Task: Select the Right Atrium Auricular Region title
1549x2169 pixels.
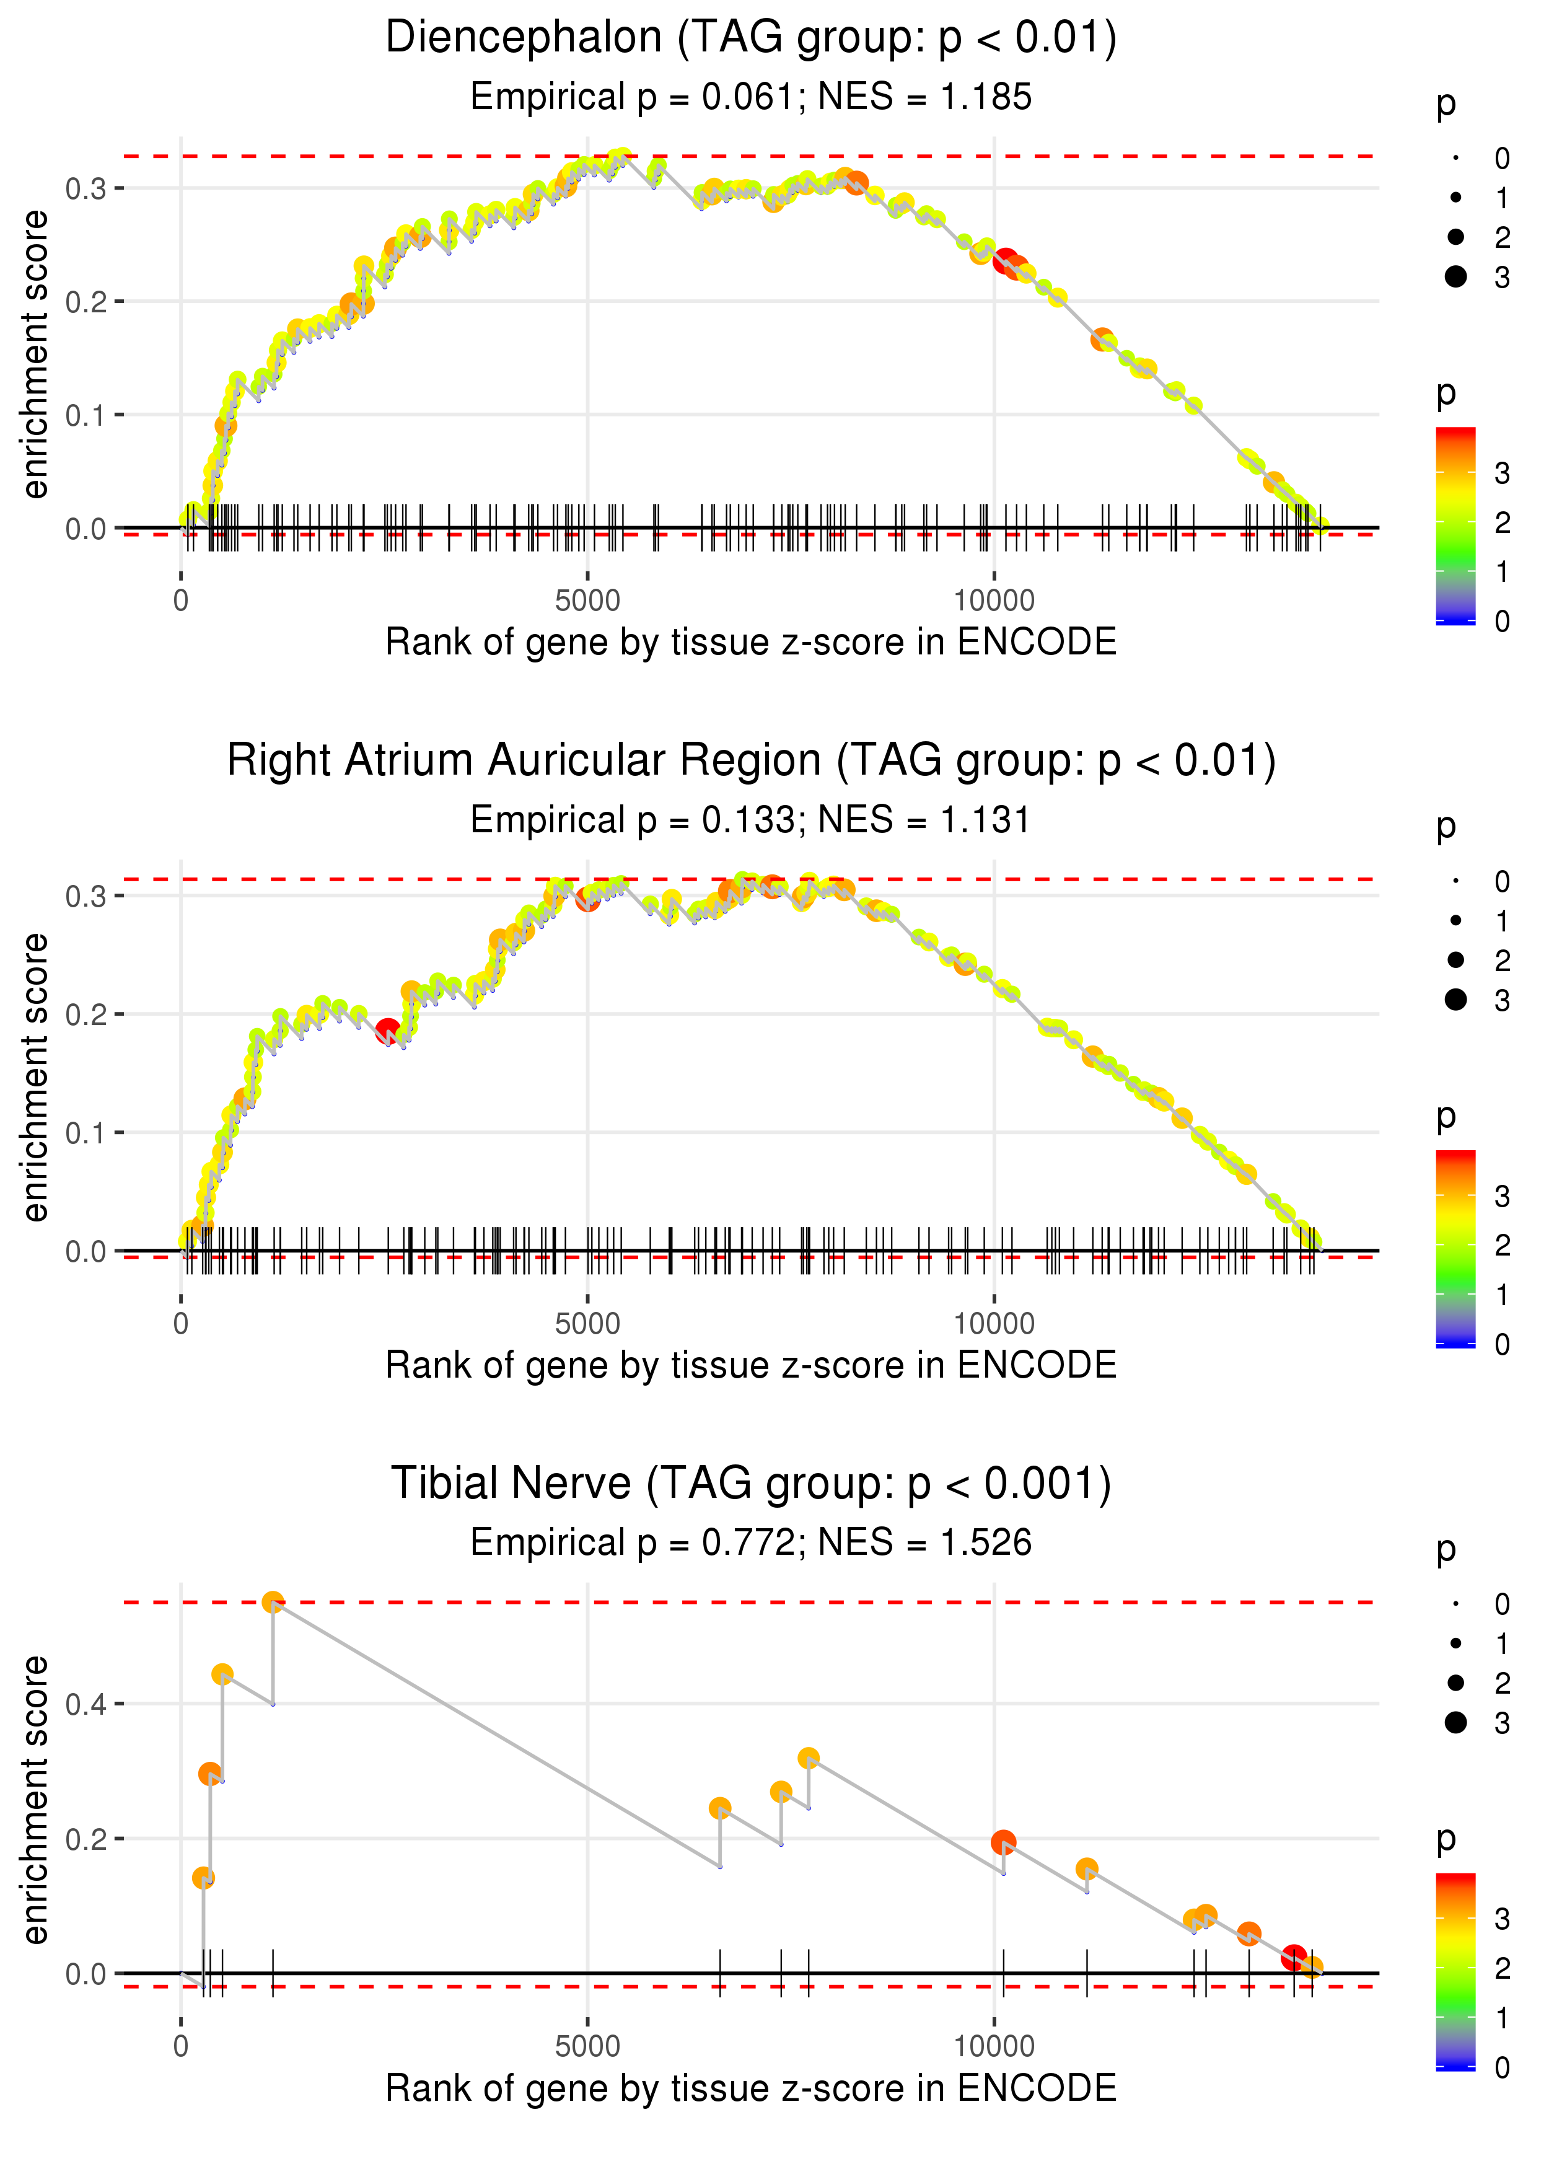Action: pyautogui.click(x=751, y=761)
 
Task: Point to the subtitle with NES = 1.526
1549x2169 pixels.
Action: pyautogui.click(x=751, y=1542)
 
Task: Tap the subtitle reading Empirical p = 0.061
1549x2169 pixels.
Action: pyautogui.click(x=751, y=96)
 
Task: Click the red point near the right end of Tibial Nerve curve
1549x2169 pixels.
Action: pyautogui.click(x=1293, y=1957)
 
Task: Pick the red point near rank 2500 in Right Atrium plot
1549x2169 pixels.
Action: pyautogui.click(x=387, y=1030)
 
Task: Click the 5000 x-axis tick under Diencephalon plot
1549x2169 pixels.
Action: pyautogui.click(x=587, y=601)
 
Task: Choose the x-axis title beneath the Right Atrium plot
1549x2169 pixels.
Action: pyautogui.click(x=751, y=1365)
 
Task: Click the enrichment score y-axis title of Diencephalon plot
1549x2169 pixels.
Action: pyautogui.click(x=35, y=355)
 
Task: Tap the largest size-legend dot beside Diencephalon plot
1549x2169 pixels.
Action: pyautogui.click(x=1455, y=276)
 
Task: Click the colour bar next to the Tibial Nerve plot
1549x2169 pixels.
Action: pyautogui.click(x=1455, y=1969)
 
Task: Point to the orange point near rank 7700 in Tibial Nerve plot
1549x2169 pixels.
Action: pyautogui.click(x=809, y=1758)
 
